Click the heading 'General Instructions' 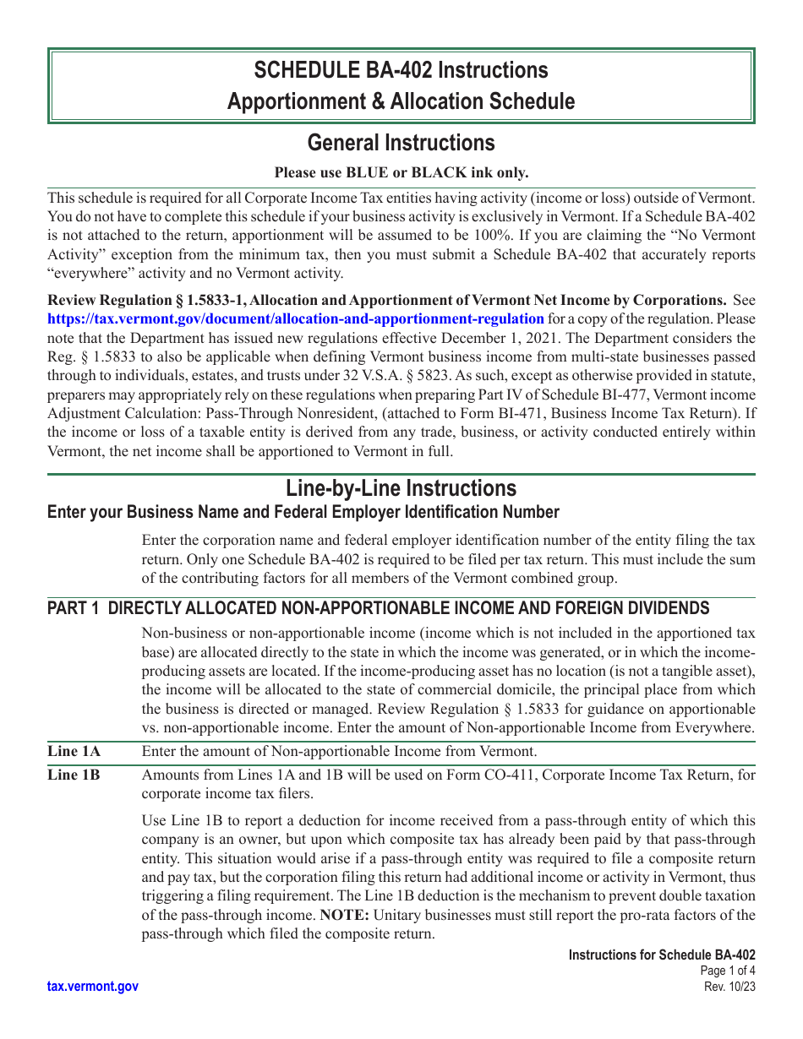click(401, 142)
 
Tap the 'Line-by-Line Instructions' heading click(401, 488)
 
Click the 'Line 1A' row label click(74, 751)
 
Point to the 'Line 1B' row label click(74, 774)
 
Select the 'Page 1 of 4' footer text click(728, 971)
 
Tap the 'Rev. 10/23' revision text click(729, 987)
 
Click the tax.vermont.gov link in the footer click(93, 986)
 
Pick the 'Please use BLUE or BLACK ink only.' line click(401, 172)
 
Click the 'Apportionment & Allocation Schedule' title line click(401, 101)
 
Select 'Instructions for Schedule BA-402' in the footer click(662, 955)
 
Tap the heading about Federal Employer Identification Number click(303, 512)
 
